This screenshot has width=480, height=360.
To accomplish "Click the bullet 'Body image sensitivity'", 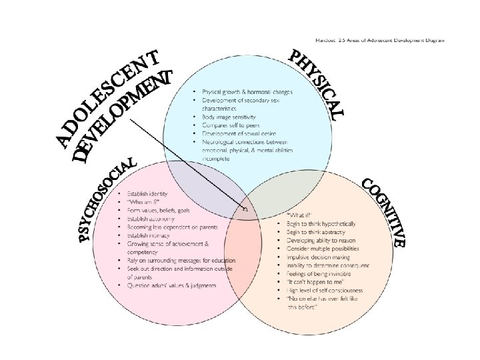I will click(x=229, y=117).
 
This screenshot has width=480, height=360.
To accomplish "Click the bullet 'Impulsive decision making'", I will click(x=319, y=256).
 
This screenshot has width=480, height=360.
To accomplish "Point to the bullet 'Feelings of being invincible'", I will click(x=320, y=273).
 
